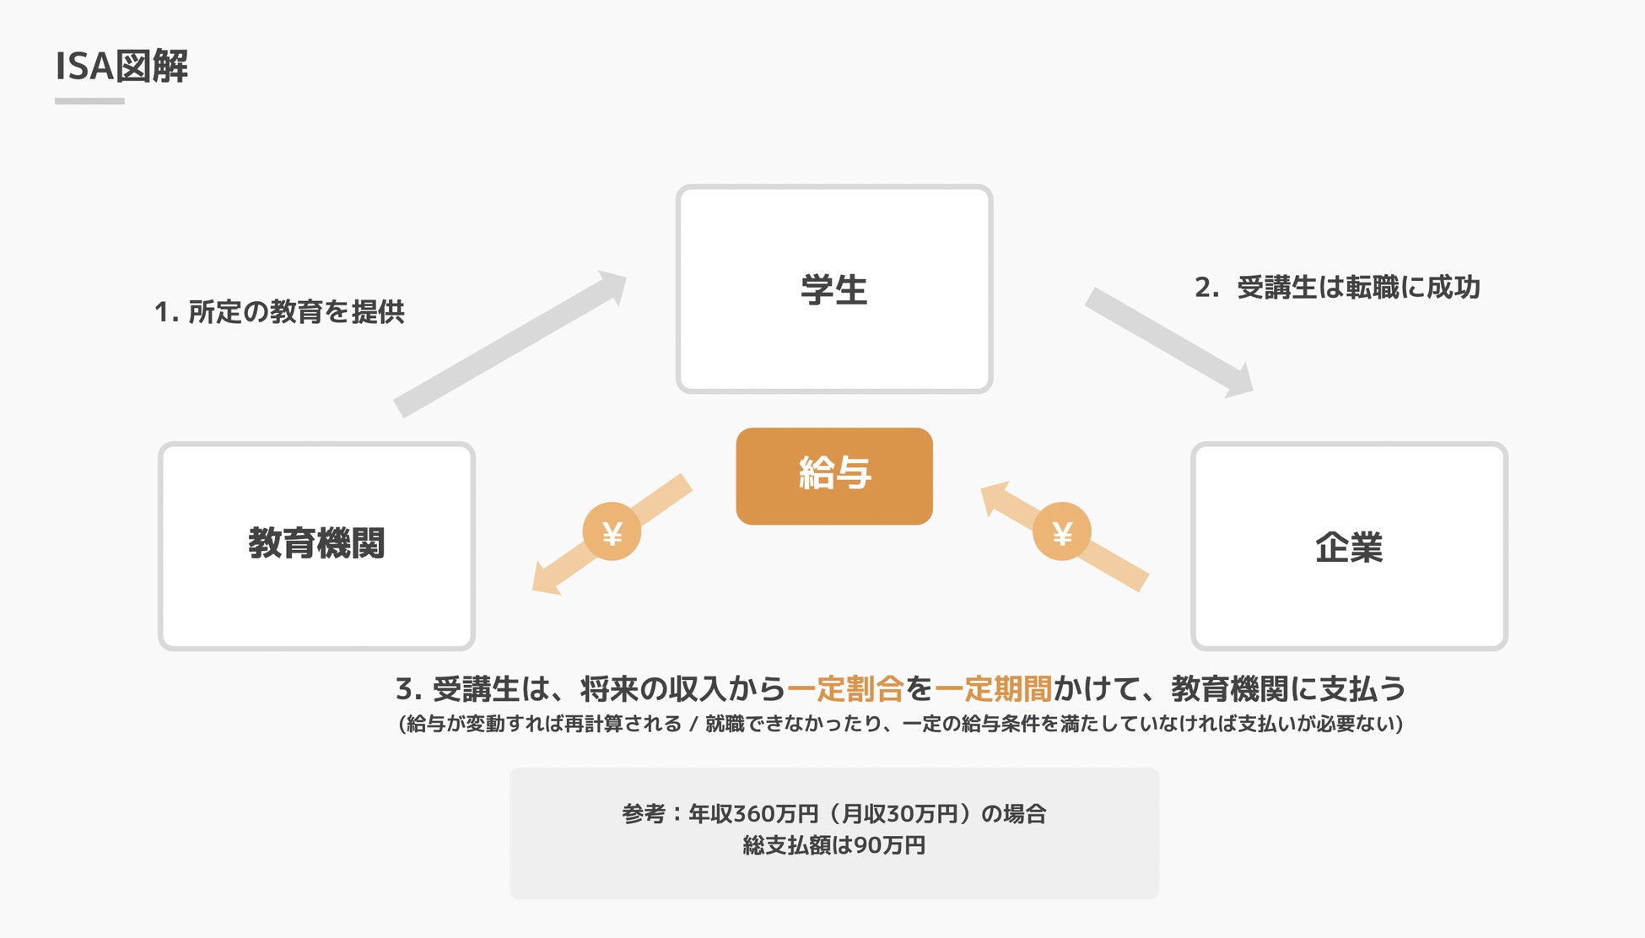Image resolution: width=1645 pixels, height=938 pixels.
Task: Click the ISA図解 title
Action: pos(121,66)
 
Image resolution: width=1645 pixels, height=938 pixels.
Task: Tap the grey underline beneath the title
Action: pos(89,101)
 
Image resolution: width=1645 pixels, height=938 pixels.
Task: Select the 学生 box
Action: pos(833,289)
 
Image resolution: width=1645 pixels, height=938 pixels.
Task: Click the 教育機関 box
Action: pos(316,545)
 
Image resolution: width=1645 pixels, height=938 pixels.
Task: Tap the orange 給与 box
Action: pos(833,476)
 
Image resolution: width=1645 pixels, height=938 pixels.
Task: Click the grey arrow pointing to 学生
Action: pos(510,344)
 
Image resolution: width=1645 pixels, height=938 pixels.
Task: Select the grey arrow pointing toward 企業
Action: pos(1168,342)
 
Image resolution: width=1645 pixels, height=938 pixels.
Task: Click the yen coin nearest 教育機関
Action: pos(612,532)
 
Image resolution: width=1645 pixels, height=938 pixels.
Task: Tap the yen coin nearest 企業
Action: pos(1062,532)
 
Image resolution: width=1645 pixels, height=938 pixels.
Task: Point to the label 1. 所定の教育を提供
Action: pos(279,312)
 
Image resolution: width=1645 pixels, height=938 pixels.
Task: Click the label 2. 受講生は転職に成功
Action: pos(1337,288)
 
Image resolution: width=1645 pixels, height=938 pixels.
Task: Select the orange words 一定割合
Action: pos(845,689)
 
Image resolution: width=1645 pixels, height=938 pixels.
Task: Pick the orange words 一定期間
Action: pos(993,689)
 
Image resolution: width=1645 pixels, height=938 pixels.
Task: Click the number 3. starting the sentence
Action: pos(408,689)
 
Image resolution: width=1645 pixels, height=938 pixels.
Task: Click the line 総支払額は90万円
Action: pos(833,845)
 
